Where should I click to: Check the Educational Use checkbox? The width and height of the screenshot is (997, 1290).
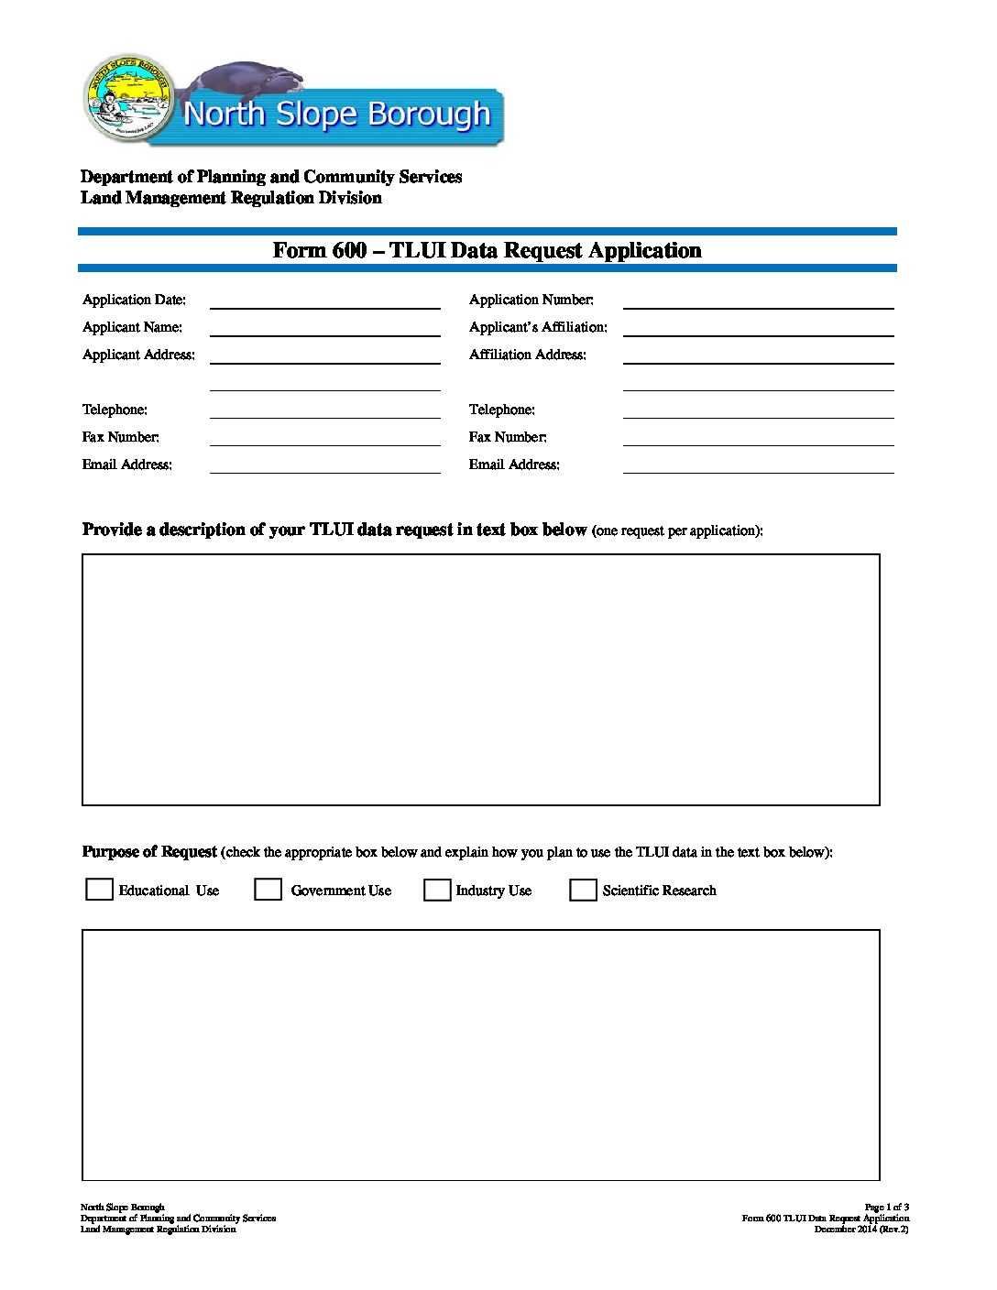tap(99, 890)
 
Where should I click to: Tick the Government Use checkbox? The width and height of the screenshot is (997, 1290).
tap(268, 890)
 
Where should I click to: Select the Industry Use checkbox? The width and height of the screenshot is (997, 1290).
tap(437, 890)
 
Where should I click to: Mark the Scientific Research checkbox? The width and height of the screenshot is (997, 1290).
tap(583, 890)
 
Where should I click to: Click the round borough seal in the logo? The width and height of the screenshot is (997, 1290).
tap(129, 98)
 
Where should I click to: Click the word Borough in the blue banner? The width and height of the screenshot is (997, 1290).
tap(429, 115)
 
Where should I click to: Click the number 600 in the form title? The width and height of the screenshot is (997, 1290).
tap(349, 250)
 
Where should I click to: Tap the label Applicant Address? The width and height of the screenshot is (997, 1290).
tap(138, 355)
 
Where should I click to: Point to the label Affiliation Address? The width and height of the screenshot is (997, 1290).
tap(527, 355)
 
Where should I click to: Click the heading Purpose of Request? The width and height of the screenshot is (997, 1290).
tap(149, 851)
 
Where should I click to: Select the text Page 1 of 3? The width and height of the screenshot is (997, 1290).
tap(886, 1207)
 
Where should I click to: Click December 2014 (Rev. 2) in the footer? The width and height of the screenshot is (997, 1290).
tap(861, 1229)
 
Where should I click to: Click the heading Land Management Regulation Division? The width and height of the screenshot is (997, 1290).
tap(231, 198)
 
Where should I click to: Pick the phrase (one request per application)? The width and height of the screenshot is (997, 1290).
tap(677, 530)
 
